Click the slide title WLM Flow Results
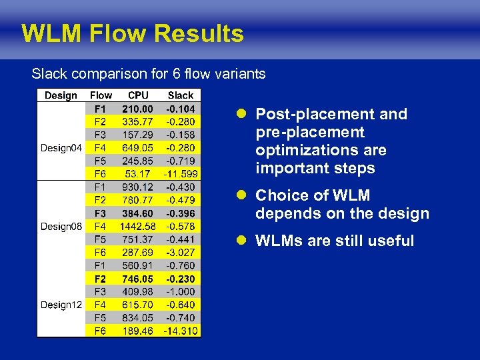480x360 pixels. [133, 33]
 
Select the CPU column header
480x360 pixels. [138, 95]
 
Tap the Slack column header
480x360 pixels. [181, 95]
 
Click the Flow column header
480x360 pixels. [101, 95]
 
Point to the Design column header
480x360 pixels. [61, 95]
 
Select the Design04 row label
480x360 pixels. [61, 148]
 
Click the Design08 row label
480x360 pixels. [61, 227]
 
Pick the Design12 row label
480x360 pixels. [61, 305]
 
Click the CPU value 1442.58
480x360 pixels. [137, 227]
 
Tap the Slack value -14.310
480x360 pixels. [181, 331]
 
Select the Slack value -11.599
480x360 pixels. [181, 174]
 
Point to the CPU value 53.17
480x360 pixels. [138, 174]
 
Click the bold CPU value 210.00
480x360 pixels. [137, 109]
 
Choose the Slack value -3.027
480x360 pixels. [181, 253]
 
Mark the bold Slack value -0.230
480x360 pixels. [181, 279]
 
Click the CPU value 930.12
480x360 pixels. [137, 187]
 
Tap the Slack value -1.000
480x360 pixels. [181, 292]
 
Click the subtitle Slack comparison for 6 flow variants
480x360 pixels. [149, 73]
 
